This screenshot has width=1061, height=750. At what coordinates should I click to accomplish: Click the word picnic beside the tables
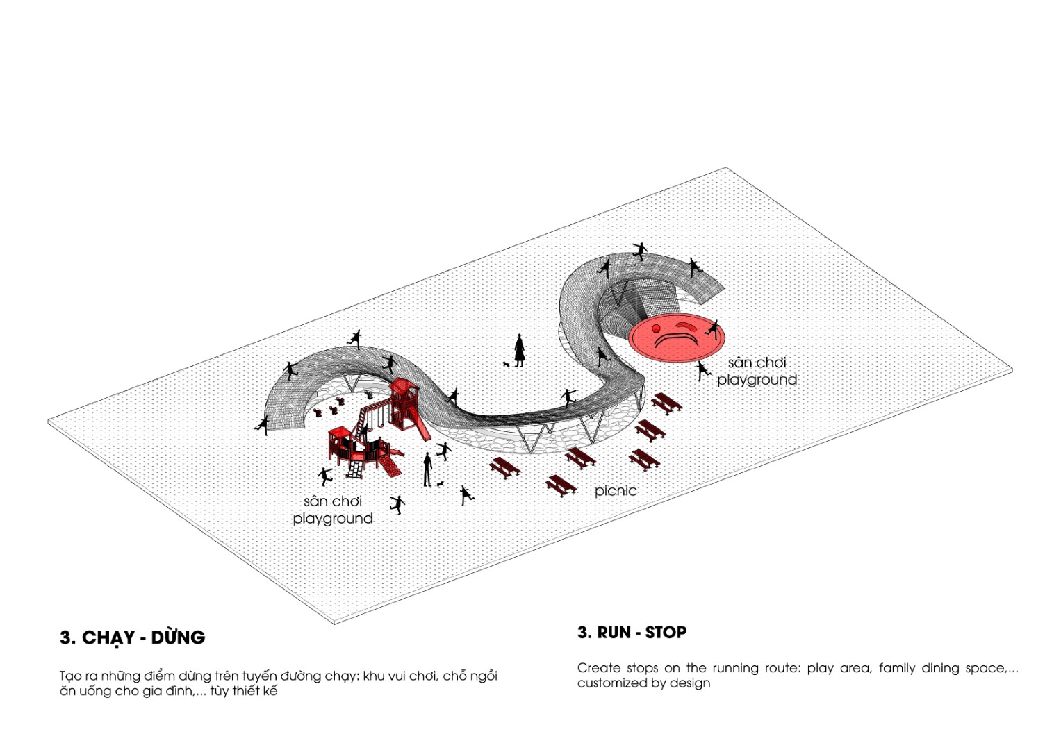(616, 491)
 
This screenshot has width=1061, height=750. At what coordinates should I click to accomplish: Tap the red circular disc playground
(677, 337)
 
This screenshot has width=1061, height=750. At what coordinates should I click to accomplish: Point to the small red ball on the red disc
(656, 328)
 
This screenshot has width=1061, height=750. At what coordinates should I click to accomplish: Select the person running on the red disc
(712, 330)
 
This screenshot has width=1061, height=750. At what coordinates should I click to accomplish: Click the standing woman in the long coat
(520, 351)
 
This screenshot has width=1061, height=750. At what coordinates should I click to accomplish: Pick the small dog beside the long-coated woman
(506, 364)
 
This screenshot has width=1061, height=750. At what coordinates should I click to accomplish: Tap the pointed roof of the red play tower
(404, 384)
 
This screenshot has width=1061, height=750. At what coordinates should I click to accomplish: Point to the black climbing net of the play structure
(355, 469)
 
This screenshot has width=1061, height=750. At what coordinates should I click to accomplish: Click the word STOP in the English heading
(666, 633)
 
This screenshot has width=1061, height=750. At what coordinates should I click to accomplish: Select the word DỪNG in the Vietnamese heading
(178, 637)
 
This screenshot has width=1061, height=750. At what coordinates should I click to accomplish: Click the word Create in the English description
(599, 668)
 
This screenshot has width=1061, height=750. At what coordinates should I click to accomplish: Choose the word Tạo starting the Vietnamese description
(71, 676)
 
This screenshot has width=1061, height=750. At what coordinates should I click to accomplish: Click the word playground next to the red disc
(757, 381)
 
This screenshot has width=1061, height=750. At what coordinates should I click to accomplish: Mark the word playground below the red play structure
(333, 519)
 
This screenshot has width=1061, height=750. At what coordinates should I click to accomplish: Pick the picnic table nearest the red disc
(666, 403)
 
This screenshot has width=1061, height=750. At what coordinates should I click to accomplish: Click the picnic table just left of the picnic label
(561, 485)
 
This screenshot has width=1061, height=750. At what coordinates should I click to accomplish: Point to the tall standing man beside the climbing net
(427, 469)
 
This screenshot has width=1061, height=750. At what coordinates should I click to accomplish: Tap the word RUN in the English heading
(614, 633)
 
